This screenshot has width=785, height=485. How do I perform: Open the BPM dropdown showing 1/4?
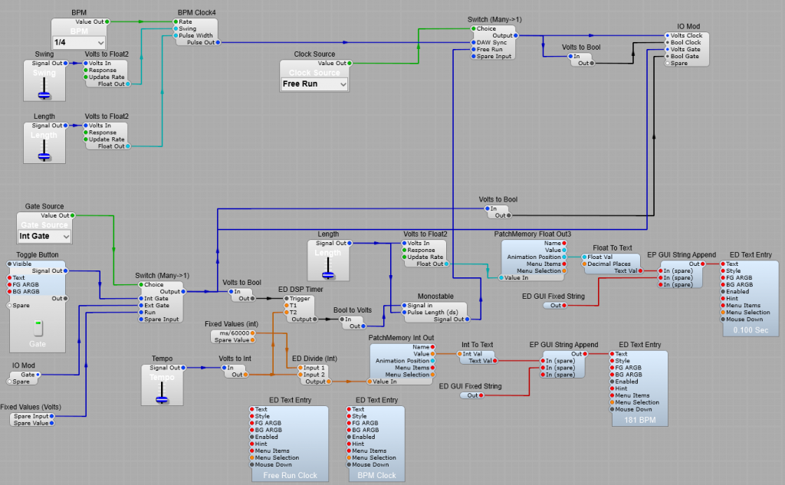pos(79,42)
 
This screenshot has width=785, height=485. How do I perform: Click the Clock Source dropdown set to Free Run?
pos(314,84)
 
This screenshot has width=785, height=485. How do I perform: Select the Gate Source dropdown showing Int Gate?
pos(44,237)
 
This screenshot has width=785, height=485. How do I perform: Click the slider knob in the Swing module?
pos(44,94)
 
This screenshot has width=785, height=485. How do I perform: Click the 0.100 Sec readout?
pos(750,329)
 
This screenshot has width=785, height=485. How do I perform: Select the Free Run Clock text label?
pos(290,475)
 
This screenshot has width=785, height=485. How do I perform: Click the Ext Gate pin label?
pos(156,305)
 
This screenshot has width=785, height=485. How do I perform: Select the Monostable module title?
pos(435,296)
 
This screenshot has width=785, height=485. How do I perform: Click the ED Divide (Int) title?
pos(314,358)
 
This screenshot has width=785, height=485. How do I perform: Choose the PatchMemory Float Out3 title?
pos(533,233)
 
